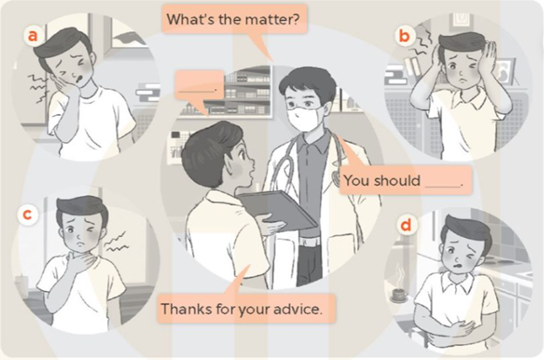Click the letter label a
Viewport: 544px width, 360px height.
pyautogui.click(x=32, y=36)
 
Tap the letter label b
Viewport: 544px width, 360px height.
pyautogui.click(x=405, y=36)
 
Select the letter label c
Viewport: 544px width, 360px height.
pyautogui.click(x=27, y=215)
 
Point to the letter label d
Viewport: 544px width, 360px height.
pyautogui.click(x=405, y=226)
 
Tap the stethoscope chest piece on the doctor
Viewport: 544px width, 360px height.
pyautogui.click(x=336, y=175)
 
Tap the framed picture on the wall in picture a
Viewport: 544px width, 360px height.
pyautogui.click(x=126, y=35)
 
